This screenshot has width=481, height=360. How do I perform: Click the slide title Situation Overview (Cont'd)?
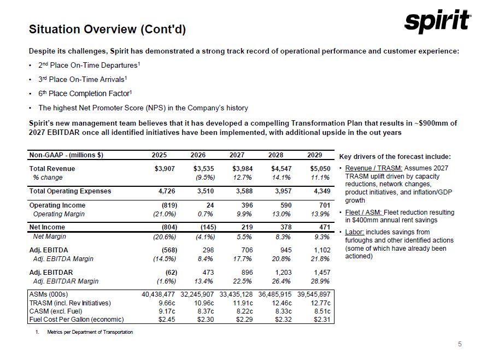coord(107,29)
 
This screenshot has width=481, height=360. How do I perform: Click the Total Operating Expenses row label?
coord(70,191)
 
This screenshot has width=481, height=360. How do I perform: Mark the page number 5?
coord(460,344)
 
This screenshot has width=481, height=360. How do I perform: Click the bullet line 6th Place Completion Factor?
coord(86,93)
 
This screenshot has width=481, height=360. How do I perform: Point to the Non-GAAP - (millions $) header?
coord(66,155)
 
